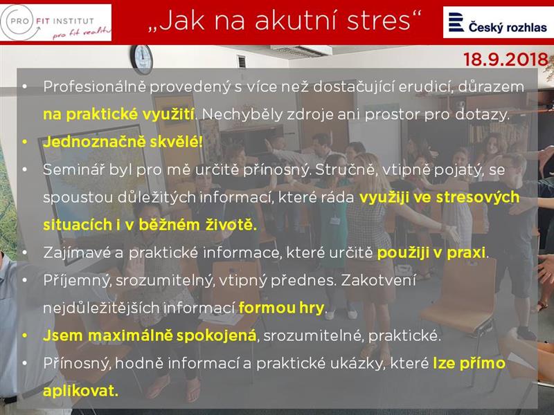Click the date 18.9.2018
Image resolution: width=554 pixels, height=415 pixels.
pyautogui.click(x=506, y=59)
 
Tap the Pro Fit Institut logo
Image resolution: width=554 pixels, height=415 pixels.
pyautogui.click(x=56, y=23)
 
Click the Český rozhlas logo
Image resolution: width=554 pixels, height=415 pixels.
pyautogui.click(x=498, y=22)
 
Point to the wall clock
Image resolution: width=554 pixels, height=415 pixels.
pyautogui.click(x=142, y=59)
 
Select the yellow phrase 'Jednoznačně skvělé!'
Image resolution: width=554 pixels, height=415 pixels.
pyautogui.click(x=123, y=142)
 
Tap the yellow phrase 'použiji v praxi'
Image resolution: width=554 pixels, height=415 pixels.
pyautogui.click(x=431, y=252)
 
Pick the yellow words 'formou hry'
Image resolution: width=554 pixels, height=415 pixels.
pyautogui.click(x=281, y=308)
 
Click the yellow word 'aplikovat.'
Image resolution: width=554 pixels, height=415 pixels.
pyautogui.click(x=80, y=391)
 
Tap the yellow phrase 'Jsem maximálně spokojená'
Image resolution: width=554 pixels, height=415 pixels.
pyautogui.click(x=150, y=335)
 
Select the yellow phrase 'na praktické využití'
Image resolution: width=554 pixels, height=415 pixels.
pyautogui.click(x=118, y=115)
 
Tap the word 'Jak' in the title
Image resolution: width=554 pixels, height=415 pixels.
pyautogui.click(x=181, y=21)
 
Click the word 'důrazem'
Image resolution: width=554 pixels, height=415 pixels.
pyautogui.click(x=491, y=87)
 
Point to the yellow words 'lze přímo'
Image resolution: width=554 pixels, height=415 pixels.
pyautogui.click(x=470, y=364)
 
